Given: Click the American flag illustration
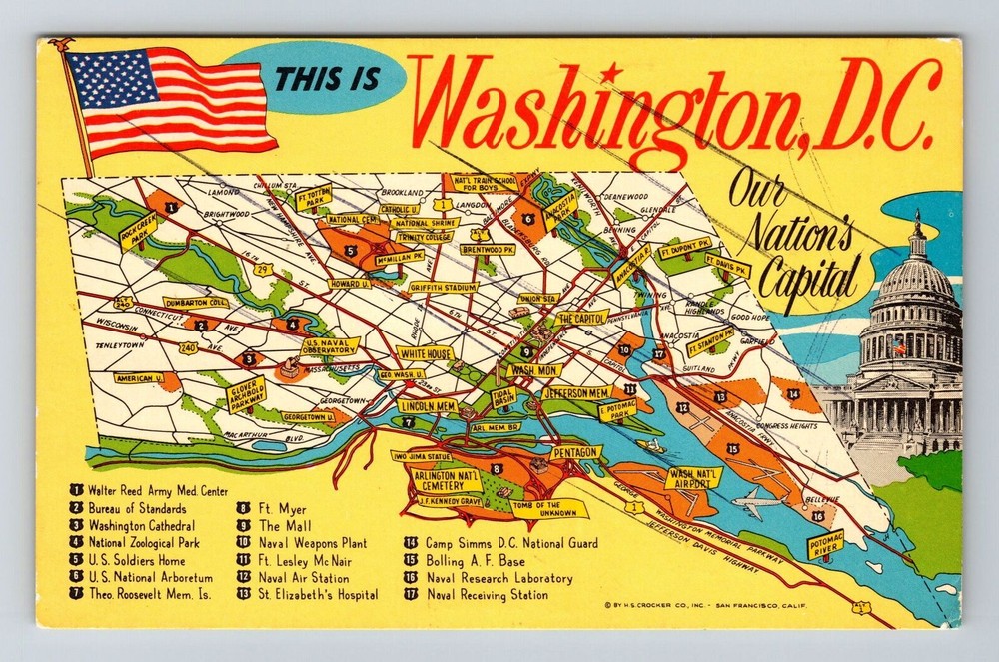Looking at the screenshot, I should (x=170, y=102).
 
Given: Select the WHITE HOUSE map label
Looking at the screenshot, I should (x=426, y=353).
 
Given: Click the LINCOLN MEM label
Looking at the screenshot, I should (x=428, y=406).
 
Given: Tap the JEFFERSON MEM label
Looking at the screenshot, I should (x=576, y=392).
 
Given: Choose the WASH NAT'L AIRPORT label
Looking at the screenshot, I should (x=693, y=477).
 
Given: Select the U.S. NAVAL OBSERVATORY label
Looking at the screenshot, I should (x=330, y=346).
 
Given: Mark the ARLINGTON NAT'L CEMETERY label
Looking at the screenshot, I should (x=443, y=480).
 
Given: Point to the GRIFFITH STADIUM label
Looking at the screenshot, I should (x=444, y=287).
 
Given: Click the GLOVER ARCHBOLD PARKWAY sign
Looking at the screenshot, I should (x=246, y=394).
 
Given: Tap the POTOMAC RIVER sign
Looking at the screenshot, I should (x=825, y=544).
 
